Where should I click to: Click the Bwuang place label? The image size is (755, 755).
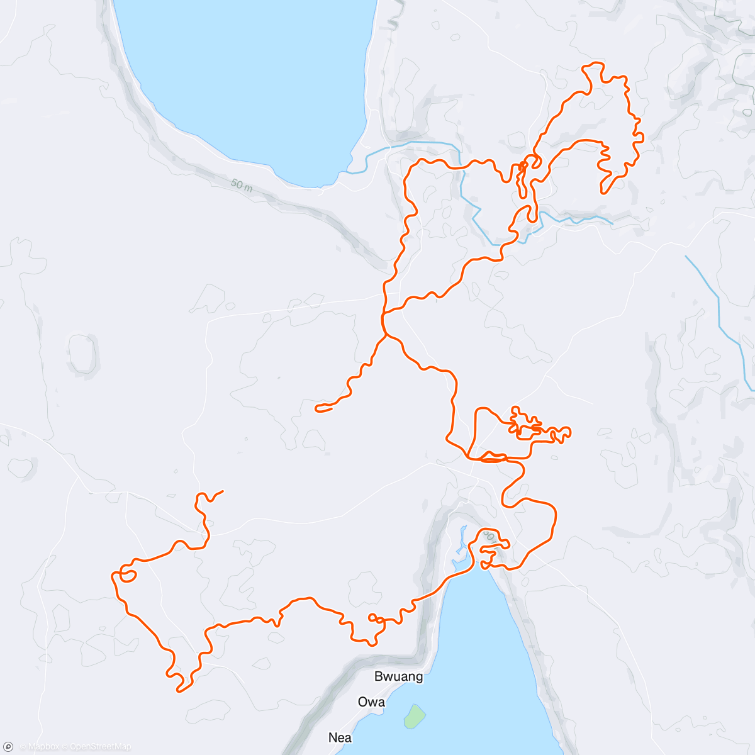(x=398, y=677)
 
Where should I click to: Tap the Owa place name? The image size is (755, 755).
(x=371, y=702)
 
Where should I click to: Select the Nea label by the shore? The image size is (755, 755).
(x=340, y=737)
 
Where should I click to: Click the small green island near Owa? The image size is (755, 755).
(x=414, y=716)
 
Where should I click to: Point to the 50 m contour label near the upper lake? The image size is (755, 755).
(x=241, y=185)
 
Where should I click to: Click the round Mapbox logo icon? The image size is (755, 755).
(x=8, y=747)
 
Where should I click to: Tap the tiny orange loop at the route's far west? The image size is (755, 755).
(x=128, y=576)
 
